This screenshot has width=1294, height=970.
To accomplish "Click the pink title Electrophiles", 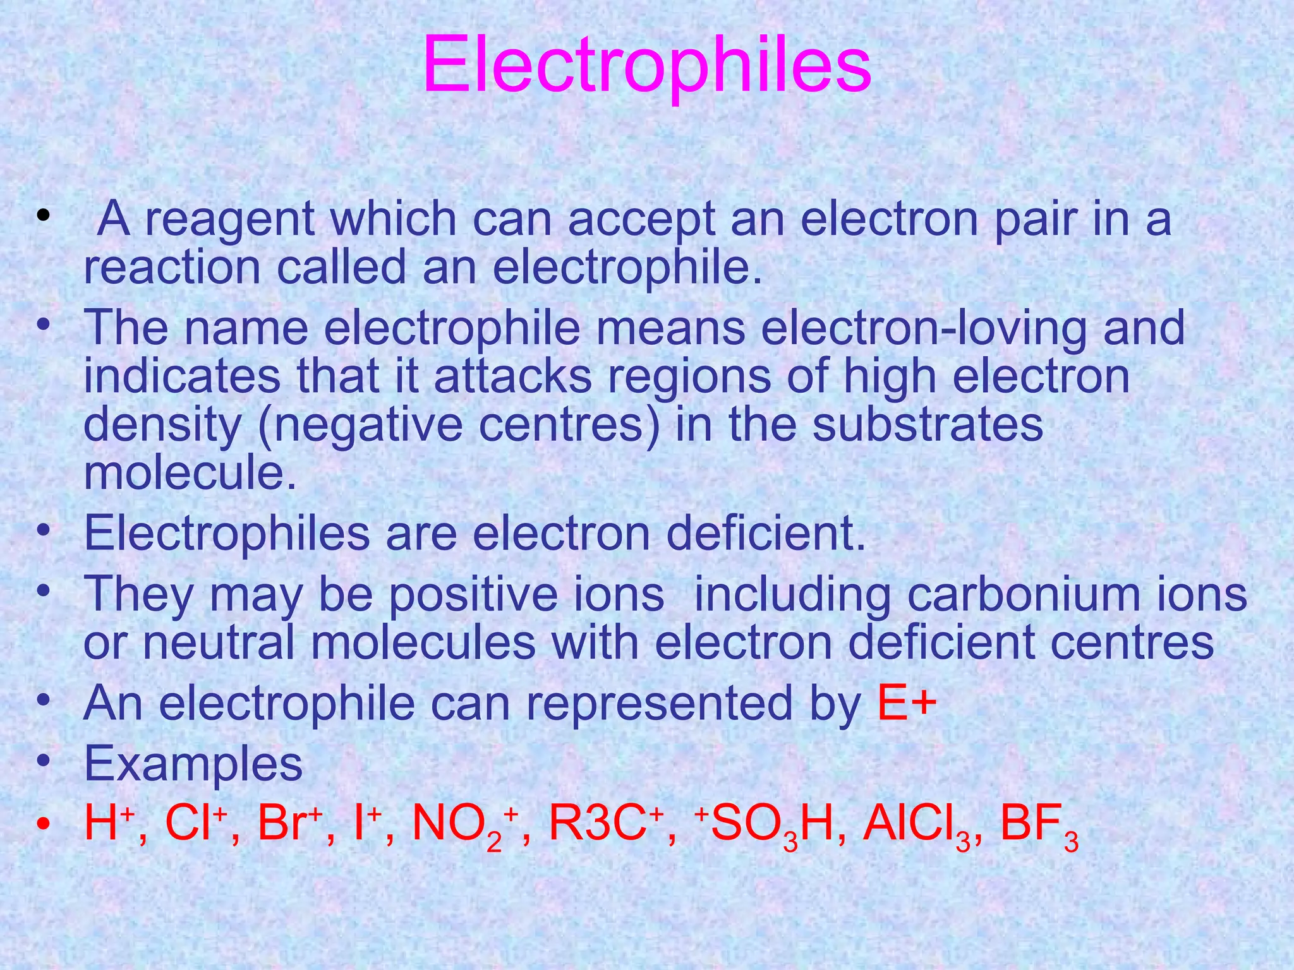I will pyautogui.click(x=647, y=66).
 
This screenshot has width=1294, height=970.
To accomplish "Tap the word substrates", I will pyautogui.click(x=928, y=424).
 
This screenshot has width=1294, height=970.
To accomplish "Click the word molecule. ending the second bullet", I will pyautogui.click(x=190, y=472).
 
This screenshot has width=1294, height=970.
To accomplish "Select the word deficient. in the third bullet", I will pyautogui.click(x=766, y=534).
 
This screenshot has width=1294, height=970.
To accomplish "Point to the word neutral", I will pyautogui.click(x=218, y=643).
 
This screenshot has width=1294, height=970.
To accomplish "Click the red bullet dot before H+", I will pyautogui.click(x=43, y=825).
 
